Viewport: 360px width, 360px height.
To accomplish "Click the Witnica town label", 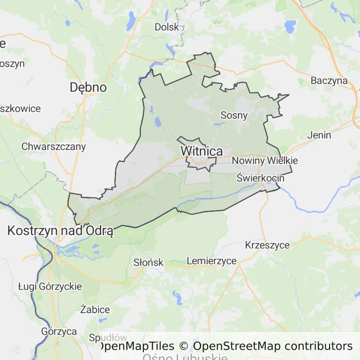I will (202, 151).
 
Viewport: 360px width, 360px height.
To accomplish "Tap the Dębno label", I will (88, 87).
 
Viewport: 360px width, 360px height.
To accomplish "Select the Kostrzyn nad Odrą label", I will (60, 231).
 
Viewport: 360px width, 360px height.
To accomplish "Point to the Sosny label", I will (234, 115).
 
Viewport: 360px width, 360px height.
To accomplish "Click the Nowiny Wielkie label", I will (264, 161).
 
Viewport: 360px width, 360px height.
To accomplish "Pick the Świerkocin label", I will (260, 178).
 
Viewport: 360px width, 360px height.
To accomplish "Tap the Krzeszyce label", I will (267, 245).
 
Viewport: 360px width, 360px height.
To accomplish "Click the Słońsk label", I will (148, 262).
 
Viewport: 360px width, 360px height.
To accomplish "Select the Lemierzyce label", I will (211, 261).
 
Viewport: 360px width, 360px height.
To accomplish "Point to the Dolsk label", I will (167, 27).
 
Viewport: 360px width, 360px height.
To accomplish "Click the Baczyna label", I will (329, 81).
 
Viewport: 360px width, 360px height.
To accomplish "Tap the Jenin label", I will (319, 135).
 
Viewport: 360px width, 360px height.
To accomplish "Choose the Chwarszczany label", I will (54, 146).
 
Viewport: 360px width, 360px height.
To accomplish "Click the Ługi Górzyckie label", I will (50, 286).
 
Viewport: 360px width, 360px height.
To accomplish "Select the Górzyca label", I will (59, 331).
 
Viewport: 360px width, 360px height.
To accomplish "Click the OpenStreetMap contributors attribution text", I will (273, 346).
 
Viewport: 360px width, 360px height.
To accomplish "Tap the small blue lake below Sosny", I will (218, 124).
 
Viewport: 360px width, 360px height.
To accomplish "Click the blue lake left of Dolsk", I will (131, 21).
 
